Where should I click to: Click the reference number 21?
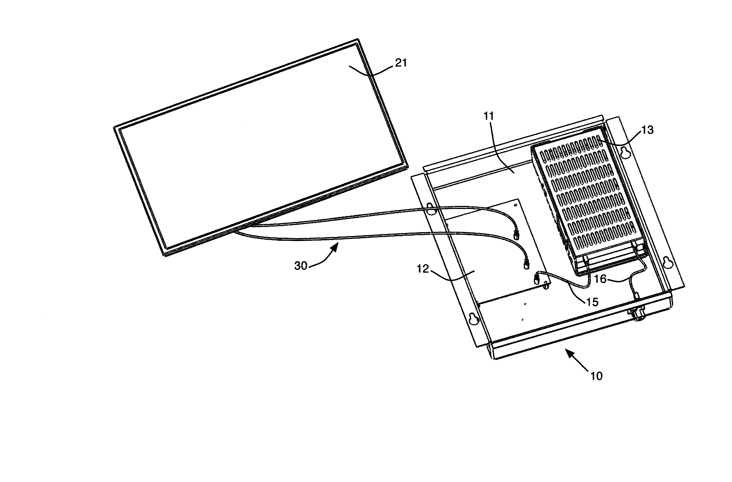point(401,63)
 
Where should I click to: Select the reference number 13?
point(648,130)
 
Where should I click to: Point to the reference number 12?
point(422,269)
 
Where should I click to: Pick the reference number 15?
point(592,302)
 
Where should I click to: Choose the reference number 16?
point(600,279)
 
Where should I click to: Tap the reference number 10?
point(596,376)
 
